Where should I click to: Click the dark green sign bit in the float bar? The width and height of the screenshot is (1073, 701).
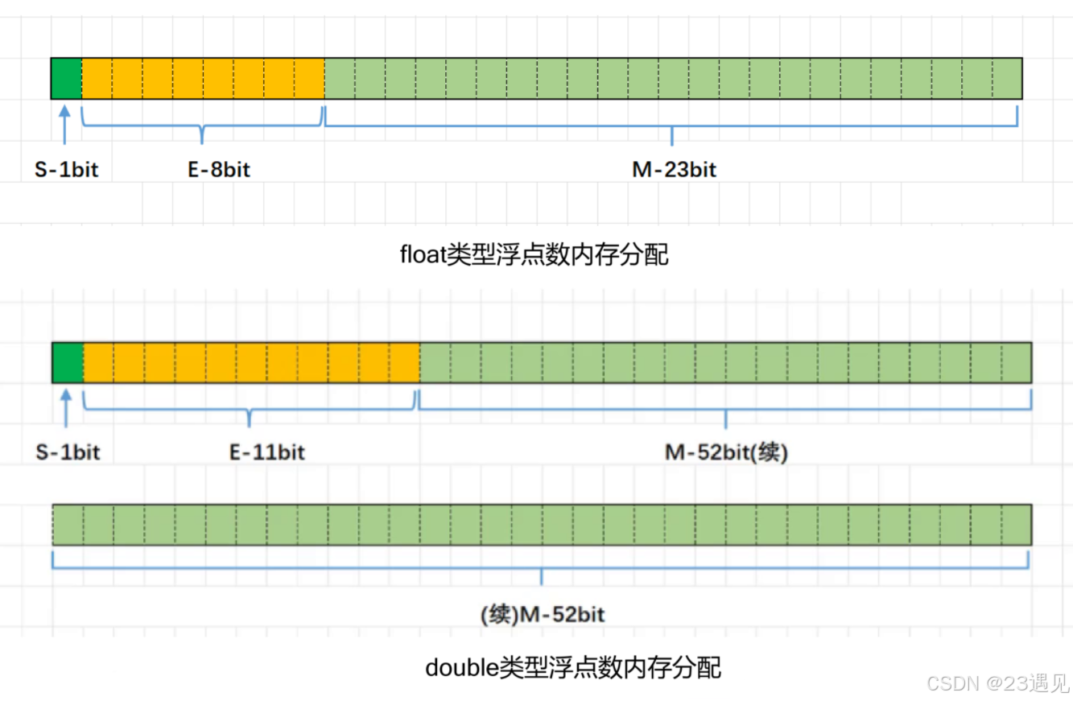66,78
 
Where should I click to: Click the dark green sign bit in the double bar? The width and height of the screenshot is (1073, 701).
68,362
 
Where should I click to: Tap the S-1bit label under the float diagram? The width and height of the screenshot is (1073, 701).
66,170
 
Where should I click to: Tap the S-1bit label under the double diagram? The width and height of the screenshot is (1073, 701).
68,452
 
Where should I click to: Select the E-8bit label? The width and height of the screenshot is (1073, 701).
214,170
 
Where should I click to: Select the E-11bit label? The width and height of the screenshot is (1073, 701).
267,452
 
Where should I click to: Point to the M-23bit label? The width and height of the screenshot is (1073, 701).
674,170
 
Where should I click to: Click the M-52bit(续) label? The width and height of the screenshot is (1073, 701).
726,452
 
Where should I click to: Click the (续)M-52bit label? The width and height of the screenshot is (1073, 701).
542,616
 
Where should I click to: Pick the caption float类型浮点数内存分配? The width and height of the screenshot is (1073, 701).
534,255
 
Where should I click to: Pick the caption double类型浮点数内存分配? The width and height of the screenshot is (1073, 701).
572,667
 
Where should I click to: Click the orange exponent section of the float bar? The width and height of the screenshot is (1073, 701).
203,78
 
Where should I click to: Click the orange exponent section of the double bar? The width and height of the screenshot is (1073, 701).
251,362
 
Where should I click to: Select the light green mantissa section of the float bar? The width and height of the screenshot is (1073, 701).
673,78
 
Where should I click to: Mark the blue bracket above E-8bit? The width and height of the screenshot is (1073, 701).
202,126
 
